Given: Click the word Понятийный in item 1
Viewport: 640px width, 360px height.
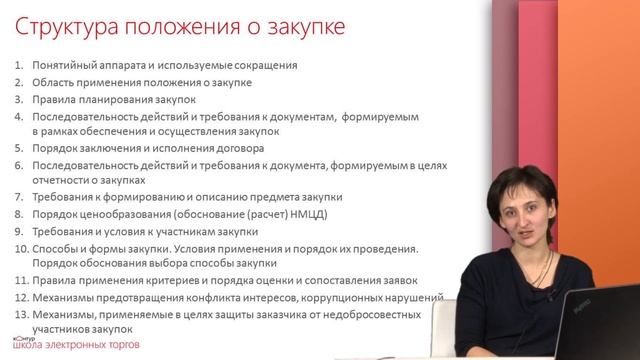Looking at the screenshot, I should (x=62, y=66).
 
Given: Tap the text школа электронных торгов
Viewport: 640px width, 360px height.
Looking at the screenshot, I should (x=86, y=345).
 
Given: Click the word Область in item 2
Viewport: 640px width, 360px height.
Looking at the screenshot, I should (x=52, y=83).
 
